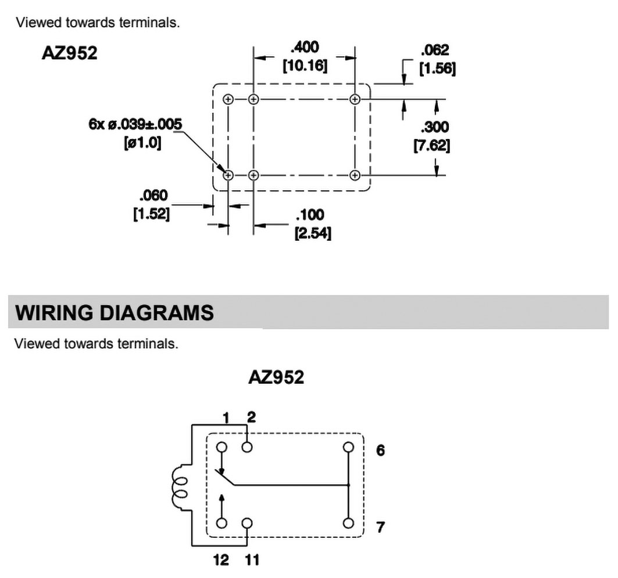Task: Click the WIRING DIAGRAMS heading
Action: point(114,313)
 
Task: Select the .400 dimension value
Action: point(305,47)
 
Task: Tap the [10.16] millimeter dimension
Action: point(305,66)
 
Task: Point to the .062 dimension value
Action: point(436,51)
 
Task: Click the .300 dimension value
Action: point(435,127)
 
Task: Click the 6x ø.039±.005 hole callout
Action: point(135,124)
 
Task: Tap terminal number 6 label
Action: point(380,450)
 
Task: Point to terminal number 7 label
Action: point(380,527)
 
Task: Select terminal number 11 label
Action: point(252,561)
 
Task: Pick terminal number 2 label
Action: point(251,416)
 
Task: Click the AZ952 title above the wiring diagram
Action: point(276,377)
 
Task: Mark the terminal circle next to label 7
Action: point(348,522)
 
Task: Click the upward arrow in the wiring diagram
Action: point(222,501)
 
